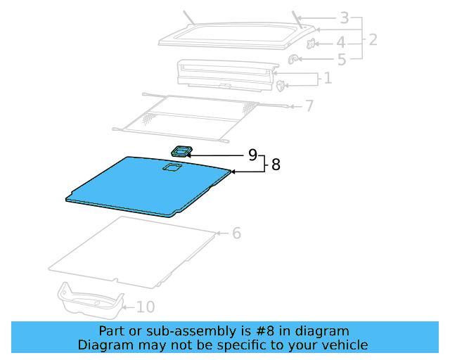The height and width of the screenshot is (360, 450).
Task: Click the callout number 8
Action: [276, 165]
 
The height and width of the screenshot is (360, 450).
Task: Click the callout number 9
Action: [252, 155]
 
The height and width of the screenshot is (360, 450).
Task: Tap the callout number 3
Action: [344, 18]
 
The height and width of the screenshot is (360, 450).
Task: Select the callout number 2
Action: [373, 39]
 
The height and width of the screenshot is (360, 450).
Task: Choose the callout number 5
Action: [341, 60]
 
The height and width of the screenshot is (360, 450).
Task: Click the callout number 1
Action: [327, 77]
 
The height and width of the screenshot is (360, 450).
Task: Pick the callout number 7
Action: [309, 106]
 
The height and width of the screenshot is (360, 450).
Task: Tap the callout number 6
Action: [236, 233]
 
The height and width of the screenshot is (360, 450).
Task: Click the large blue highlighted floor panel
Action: [141, 186]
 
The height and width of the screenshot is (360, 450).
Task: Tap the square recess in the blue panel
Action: [172, 167]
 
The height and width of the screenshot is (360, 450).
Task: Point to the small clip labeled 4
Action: [311, 44]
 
